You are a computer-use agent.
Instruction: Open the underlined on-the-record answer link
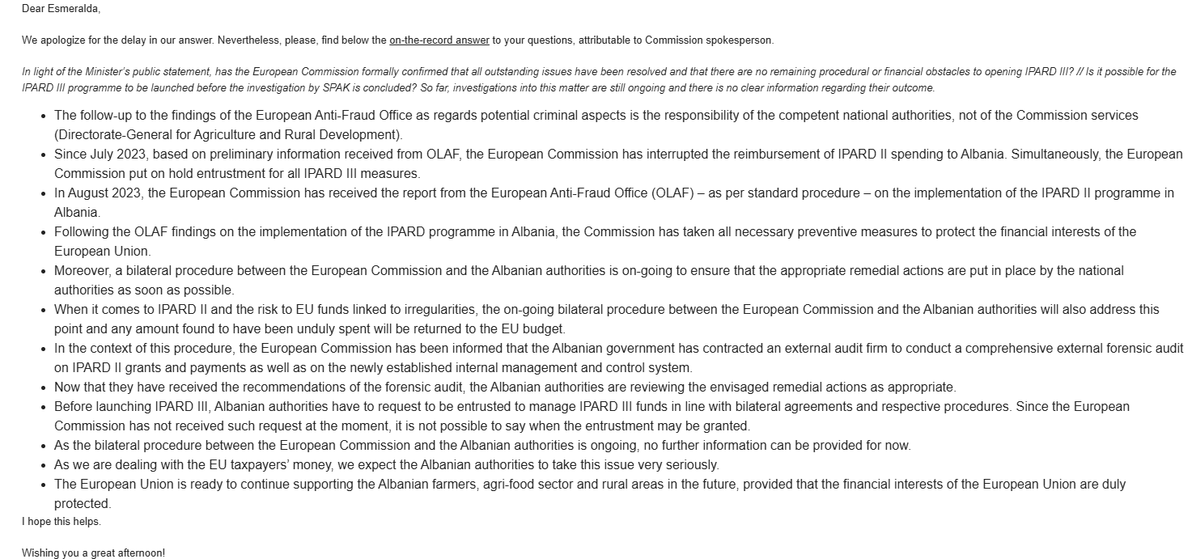(439, 40)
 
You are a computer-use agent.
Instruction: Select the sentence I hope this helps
(62, 521)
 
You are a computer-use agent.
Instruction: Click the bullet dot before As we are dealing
(43, 465)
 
